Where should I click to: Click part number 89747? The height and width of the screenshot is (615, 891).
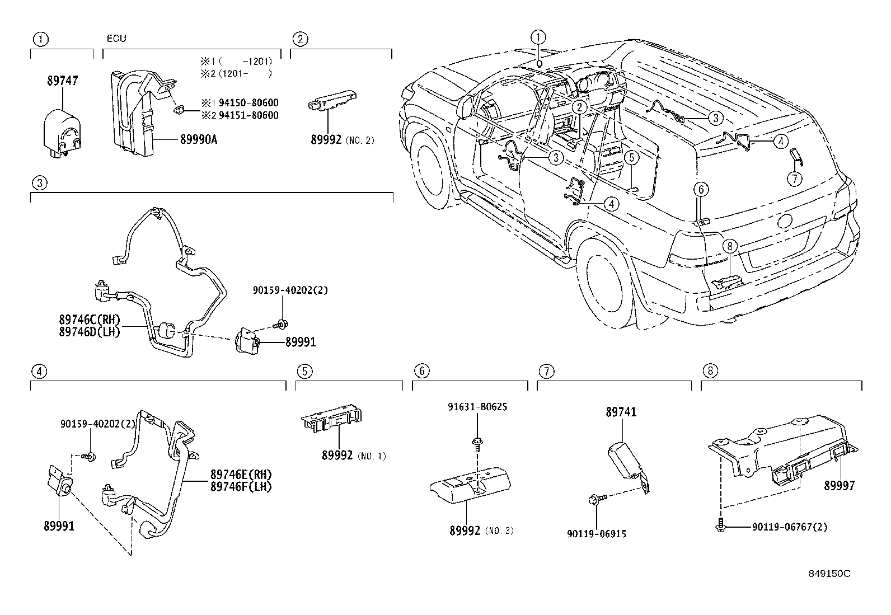(62, 81)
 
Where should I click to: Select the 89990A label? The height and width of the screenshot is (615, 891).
(198, 139)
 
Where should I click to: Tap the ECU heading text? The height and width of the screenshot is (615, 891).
(116, 39)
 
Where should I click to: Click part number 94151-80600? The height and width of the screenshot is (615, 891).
(247, 115)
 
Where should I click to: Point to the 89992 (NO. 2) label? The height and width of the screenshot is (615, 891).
(342, 140)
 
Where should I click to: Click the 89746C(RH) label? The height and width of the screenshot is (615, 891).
(90, 320)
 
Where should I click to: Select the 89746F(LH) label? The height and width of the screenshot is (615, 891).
(241, 487)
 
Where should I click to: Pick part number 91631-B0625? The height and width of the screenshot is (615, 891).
(477, 407)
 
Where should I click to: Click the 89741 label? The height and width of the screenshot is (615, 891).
(621, 412)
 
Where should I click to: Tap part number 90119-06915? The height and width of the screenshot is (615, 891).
(597, 534)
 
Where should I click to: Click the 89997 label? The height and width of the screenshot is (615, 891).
(839, 486)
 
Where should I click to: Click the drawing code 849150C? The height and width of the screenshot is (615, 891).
(829, 574)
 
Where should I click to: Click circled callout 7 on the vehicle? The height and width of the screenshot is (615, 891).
(794, 179)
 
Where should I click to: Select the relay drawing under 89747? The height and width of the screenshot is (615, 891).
(62, 130)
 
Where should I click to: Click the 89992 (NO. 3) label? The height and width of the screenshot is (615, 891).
(481, 531)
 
